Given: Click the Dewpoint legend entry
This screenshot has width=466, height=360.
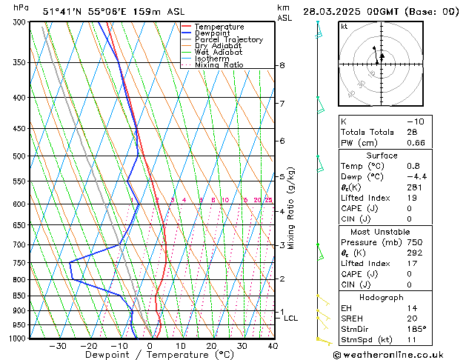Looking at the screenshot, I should click(x=213, y=33).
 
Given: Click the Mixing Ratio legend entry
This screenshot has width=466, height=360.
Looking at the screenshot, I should click(x=219, y=65).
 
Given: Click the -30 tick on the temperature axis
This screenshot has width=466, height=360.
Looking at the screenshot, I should click(x=58, y=346).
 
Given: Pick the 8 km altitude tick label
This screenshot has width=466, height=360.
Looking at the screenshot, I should click(x=282, y=65).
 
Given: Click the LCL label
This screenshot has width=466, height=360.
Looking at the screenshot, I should click(x=291, y=319).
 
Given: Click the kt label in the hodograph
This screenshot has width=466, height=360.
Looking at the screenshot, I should click(x=344, y=27).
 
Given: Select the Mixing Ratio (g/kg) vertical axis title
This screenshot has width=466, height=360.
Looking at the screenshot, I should click(x=291, y=207).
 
